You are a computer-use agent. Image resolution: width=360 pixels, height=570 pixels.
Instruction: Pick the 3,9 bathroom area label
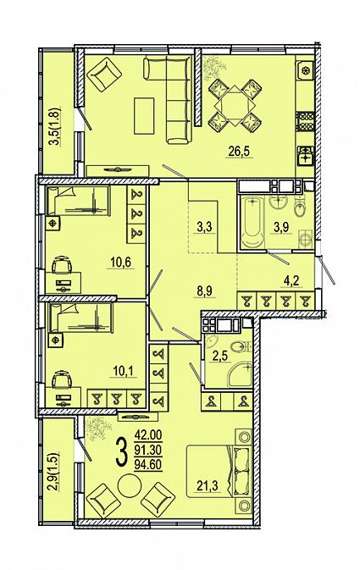281,228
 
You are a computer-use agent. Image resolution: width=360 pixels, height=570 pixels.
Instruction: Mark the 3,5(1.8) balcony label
55,126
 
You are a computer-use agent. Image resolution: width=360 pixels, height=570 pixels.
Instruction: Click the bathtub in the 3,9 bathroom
253,223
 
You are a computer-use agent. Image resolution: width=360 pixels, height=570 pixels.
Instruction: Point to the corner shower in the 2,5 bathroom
240,374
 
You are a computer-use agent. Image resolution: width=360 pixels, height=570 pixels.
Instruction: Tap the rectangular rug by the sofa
144,115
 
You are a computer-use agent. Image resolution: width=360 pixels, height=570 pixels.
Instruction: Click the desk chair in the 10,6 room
62,265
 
